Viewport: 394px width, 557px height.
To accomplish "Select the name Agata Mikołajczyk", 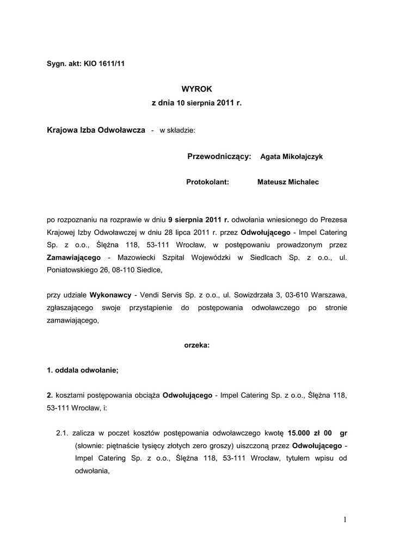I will pyautogui.click(x=292, y=157).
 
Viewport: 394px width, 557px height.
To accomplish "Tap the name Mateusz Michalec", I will pyautogui.click(x=288, y=182).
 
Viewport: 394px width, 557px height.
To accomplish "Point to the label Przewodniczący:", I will pyautogui.click(x=219, y=157).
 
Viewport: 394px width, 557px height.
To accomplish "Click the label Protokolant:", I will pyautogui.click(x=207, y=182).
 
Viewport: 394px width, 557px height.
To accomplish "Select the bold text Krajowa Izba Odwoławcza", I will pyautogui.click(x=96, y=130).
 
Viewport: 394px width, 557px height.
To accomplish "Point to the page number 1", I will pyautogui.click(x=345, y=520).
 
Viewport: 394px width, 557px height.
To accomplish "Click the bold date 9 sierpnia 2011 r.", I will pyautogui.click(x=199, y=220).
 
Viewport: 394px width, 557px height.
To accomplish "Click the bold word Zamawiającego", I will pyautogui.click(x=76, y=257).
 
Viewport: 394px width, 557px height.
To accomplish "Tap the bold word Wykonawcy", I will pyautogui.click(x=110, y=295).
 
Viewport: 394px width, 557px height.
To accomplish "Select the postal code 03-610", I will pyautogui.click(x=295, y=295).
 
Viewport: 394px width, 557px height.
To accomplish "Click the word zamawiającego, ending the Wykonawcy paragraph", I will pyautogui.click(x=73, y=320).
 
